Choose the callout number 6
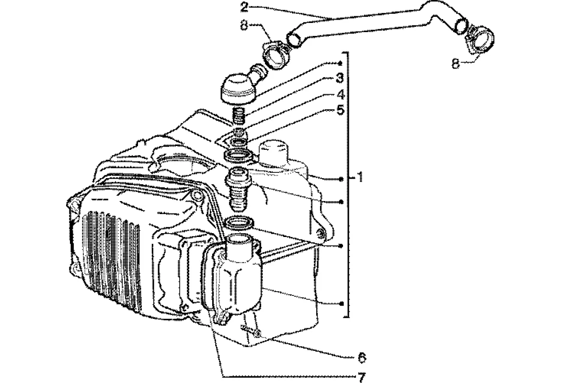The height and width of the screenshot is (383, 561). [x=362, y=357]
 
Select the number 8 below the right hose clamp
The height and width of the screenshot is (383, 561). [x=456, y=63]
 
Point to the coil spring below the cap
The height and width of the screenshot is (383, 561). [x=240, y=116]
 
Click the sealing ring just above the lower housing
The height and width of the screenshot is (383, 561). [x=238, y=223]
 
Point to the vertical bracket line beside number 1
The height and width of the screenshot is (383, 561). [x=348, y=239]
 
